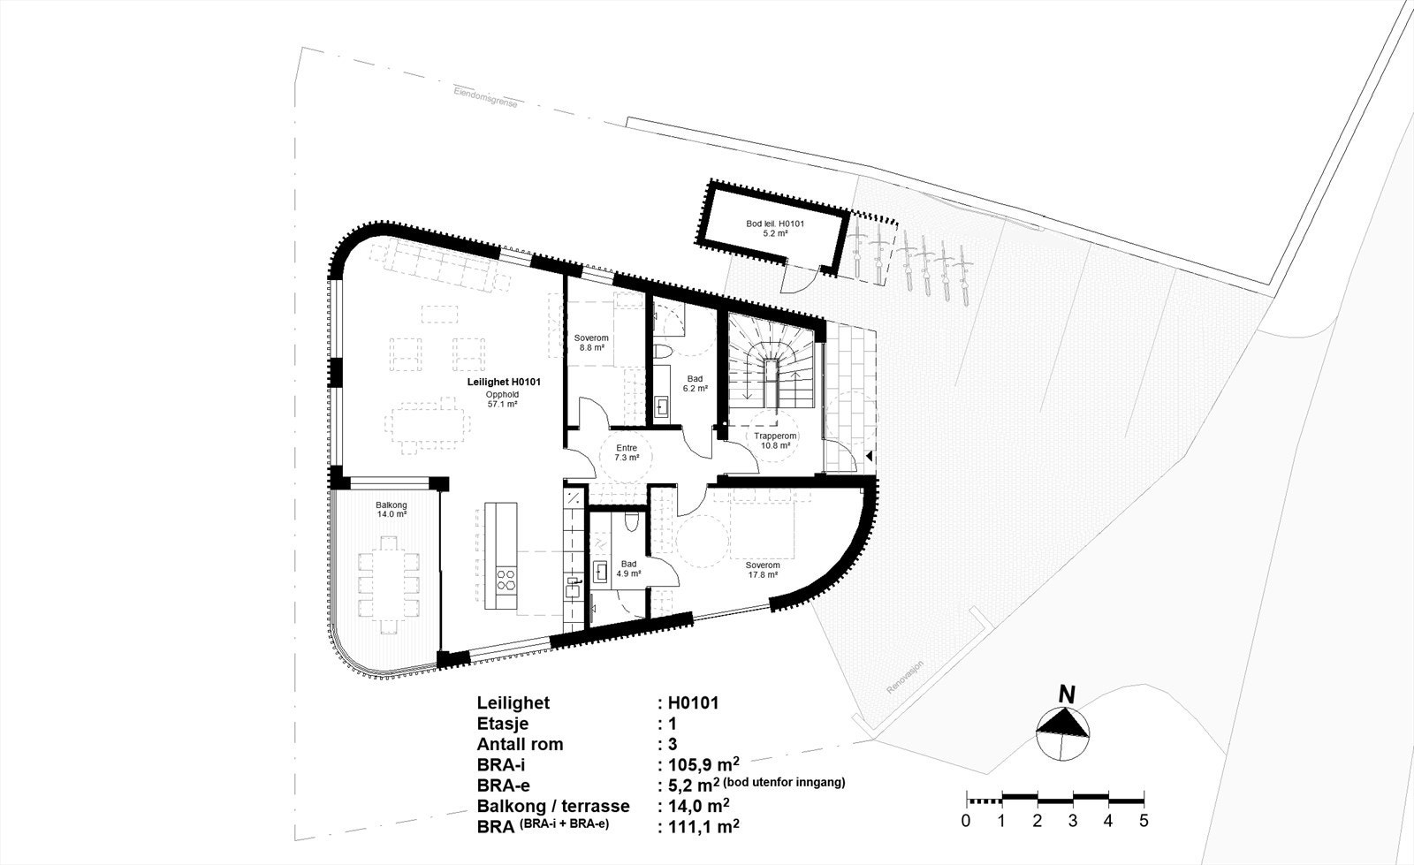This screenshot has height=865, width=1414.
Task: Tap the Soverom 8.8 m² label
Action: click(590, 343)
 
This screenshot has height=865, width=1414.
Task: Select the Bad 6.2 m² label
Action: click(696, 383)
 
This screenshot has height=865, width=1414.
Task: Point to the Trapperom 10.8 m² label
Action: click(776, 440)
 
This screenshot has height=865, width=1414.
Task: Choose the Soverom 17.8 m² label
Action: click(762, 569)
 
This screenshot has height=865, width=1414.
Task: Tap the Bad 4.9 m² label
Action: click(629, 568)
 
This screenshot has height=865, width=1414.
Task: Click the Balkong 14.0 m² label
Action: click(391, 509)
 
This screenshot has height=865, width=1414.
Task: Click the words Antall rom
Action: click(520, 744)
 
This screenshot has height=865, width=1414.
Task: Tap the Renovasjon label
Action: click(906, 677)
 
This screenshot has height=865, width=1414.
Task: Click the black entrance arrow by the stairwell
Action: click(870, 456)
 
